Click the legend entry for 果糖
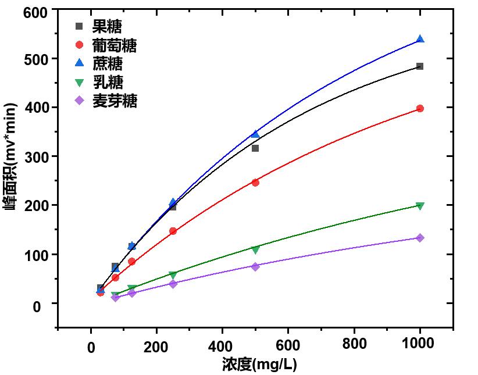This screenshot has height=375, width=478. [x=107, y=27]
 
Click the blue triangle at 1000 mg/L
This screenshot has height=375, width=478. [x=420, y=40]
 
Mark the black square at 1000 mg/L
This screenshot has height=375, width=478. [x=420, y=66]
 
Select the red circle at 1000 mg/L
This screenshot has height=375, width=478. [x=420, y=109]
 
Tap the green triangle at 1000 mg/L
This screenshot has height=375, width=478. [x=420, y=206]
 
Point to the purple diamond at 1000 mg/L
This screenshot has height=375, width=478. [x=420, y=238]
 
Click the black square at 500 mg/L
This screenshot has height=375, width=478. [x=255, y=148]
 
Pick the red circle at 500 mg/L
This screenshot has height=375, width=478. [x=255, y=183]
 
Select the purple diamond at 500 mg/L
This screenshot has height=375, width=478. [x=255, y=266]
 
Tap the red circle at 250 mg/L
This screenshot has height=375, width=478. [x=173, y=231]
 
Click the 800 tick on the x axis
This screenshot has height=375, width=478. [x=354, y=344]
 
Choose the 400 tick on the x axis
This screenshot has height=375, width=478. [x=222, y=344]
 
